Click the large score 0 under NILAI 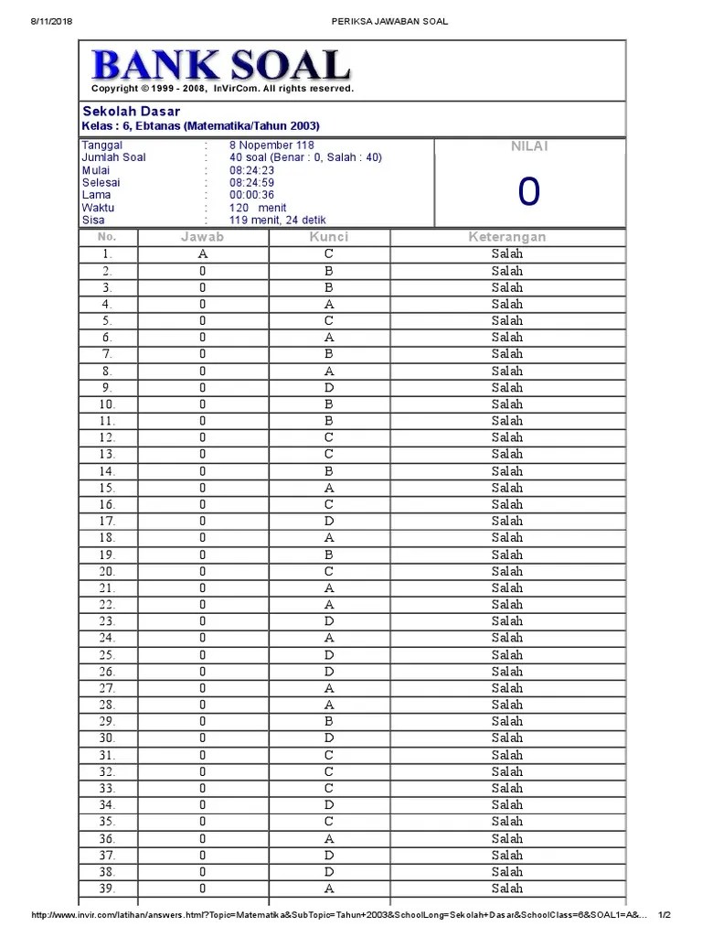coord(528,192)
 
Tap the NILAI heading coord(528,146)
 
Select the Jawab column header coord(202,237)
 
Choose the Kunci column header coord(329,237)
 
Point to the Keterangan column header coord(507,237)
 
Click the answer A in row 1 coord(202,253)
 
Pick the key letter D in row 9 coord(329,387)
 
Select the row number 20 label coord(107,571)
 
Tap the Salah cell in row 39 coord(507,889)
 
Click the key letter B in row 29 coord(329,721)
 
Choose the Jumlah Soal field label coord(114,157)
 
